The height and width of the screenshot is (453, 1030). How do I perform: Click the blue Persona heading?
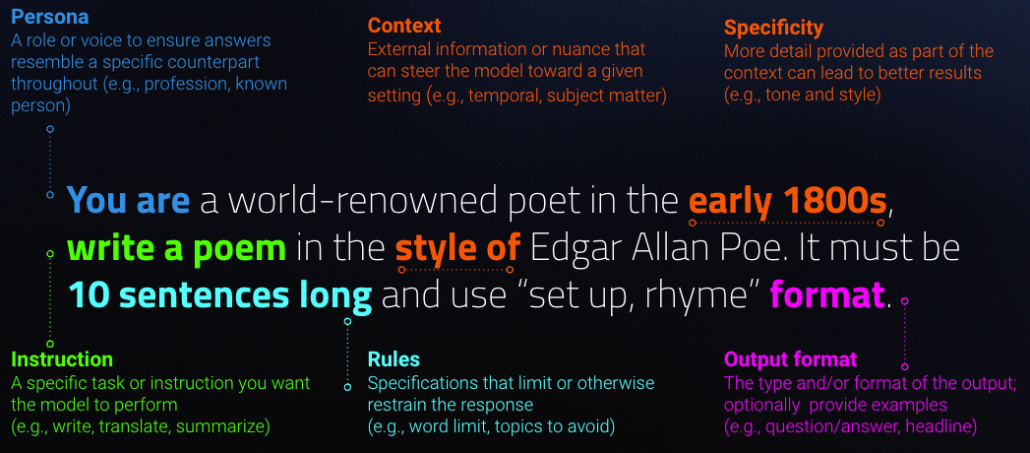click(x=49, y=17)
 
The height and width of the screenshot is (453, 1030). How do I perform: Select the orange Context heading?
click(x=404, y=26)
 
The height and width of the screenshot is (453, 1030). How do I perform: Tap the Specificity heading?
click(x=773, y=29)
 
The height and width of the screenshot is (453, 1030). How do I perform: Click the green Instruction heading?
click(x=62, y=359)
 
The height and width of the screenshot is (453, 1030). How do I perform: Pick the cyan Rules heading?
click(x=394, y=359)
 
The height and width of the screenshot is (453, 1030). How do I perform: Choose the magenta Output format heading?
click(x=790, y=359)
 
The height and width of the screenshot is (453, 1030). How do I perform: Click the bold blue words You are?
click(x=128, y=200)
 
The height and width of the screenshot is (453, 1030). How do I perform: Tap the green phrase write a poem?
click(x=177, y=248)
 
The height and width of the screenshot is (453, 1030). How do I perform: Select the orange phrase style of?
click(x=457, y=248)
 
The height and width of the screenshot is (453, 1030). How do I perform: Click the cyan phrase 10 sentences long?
click(x=220, y=296)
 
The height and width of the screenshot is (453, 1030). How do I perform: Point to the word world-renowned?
click(x=354, y=200)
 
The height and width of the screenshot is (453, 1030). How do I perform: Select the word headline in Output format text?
click(x=940, y=426)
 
